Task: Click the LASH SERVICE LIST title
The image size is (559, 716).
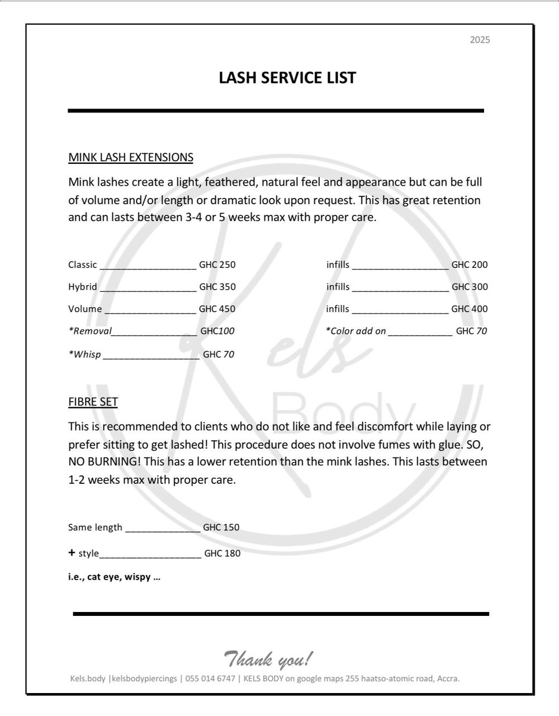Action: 287,78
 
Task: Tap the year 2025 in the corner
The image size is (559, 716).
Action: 480,40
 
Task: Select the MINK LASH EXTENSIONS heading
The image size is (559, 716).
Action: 131,157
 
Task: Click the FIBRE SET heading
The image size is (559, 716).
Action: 93,402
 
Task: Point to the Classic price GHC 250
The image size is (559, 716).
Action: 217,265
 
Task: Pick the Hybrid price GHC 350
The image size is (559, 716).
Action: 217,287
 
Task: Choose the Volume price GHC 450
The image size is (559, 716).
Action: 217,309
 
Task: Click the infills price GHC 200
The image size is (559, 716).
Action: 470,265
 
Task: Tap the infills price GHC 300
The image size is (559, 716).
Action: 470,287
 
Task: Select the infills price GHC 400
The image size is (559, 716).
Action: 470,309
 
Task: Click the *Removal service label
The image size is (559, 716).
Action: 90,331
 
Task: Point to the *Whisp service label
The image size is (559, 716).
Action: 85,354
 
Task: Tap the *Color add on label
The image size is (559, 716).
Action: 356,331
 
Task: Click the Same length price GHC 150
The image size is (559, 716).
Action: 221,527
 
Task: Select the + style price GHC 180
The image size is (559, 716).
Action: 222,553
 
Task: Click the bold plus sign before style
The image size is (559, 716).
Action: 72,553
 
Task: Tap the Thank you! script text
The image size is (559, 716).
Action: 268,659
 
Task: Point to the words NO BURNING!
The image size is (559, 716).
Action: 104,462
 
